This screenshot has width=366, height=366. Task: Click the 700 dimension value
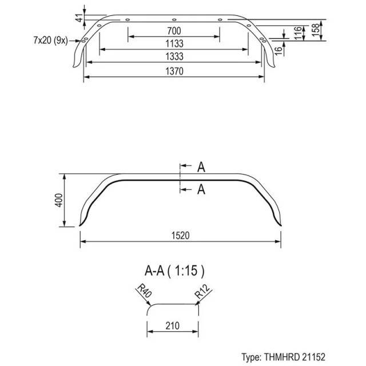coord(174,31)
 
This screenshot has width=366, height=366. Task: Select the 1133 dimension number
coord(174,43)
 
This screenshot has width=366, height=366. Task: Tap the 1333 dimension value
coord(174,57)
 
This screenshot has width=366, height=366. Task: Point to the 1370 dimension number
coord(174,71)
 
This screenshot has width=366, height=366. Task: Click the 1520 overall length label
coord(181,236)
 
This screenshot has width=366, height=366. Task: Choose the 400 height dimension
coord(59,200)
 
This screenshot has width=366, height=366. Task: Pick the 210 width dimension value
coord(173,326)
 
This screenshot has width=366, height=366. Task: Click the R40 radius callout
coord(144,291)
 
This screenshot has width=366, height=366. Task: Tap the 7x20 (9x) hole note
coord(51,41)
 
